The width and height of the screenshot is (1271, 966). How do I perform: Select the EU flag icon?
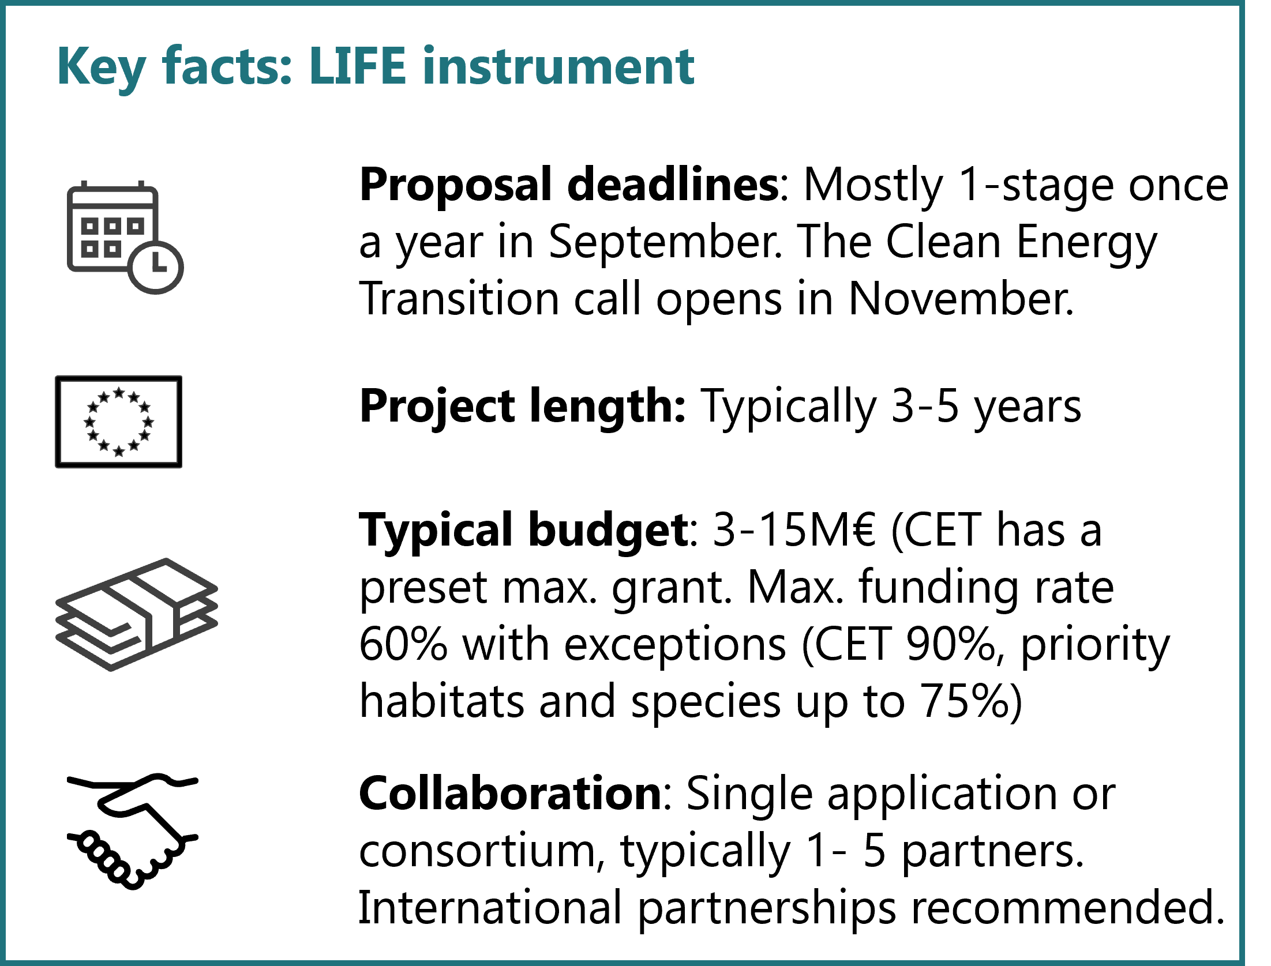tap(119, 422)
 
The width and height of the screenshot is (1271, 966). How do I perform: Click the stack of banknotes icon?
tap(137, 614)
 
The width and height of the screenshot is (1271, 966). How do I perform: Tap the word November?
tap(961, 299)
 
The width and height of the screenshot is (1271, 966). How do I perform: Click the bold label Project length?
tap(522, 406)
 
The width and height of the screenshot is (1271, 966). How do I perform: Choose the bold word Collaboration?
tap(511, 794)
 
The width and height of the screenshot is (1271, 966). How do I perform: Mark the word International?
tap(490, 908)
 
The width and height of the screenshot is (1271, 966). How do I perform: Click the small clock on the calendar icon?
tap(155, 266)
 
